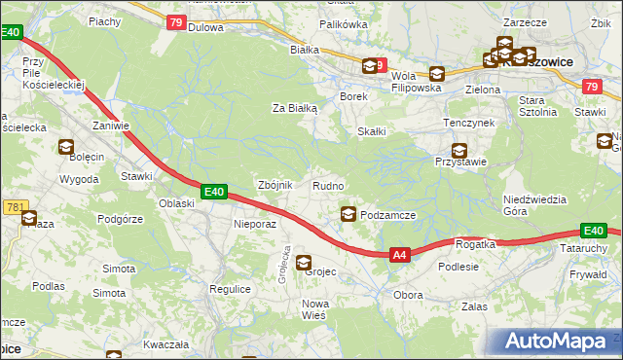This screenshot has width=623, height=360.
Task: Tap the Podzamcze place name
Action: pos(388,215)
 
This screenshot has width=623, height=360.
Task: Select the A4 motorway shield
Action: pos(399,255)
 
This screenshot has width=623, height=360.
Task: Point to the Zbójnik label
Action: pos(274,186)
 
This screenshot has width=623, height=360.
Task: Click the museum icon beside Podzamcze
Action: pos(348,214)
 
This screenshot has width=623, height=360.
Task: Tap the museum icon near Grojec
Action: pos(304,262)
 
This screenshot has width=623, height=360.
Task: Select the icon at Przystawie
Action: pos(458,151)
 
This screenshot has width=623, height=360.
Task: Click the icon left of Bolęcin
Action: pos(66,148)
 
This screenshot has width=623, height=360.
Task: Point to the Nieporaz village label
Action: pos(256,224)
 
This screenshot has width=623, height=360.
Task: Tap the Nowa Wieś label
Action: pos(314,309)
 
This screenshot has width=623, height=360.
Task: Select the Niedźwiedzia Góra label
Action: pos(534,205)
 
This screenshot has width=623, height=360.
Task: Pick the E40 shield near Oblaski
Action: pos(215,193)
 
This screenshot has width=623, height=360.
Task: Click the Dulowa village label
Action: pos(206,28)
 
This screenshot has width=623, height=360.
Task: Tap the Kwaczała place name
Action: pos(164,344)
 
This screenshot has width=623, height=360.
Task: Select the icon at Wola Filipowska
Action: pos(436,73)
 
